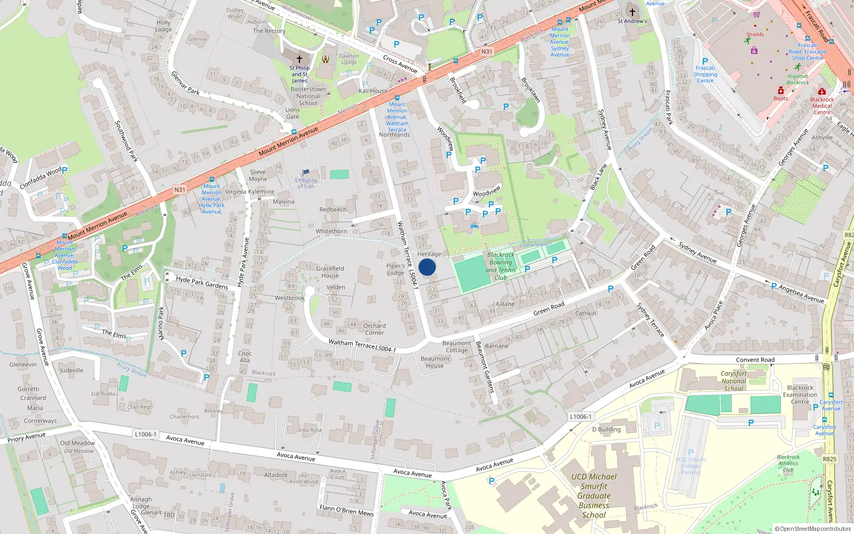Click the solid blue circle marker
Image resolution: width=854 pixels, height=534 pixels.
pyautogui.click(x=427, y=267)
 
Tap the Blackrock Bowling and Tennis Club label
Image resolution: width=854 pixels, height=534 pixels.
pyautogui.click(x=501, y=266)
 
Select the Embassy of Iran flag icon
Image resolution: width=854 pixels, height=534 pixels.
pyautogui.click(x=306, y=172)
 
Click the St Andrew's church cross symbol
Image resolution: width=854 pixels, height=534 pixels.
pyautogui.click(x=632, y=12)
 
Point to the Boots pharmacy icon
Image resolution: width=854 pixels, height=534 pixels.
pyautogui.click(x=780, y=91)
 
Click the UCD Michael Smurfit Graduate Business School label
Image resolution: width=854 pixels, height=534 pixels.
pyautogui.click(x=594, y=496)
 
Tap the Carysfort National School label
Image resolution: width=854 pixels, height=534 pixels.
pyautogui.click(x=733, y=381)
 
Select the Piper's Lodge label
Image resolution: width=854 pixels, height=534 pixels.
pyautogui.click(x=396, y=269)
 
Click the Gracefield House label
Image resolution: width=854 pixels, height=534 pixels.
pyautogui.click(x=330, y=272)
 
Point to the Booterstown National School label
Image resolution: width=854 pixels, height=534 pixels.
pyautogui.click(x=308, y=96)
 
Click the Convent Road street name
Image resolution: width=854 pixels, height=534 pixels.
pyautogui.click(x=755, y=360)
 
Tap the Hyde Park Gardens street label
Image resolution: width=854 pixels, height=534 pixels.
pyautogui.click(x=202, y=282)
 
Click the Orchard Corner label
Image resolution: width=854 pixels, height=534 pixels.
pyautogui.click(x=374, y=329)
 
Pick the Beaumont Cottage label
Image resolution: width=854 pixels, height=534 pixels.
pyautogui.click(x=456, y=347)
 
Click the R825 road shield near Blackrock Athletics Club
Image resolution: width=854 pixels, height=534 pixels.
pyautogui.click(x=829, y=459)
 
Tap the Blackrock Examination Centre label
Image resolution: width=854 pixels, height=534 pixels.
pyautogui.click(x=800, y=395)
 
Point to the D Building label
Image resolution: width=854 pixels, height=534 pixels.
pyautogui.click(x=606, y=429)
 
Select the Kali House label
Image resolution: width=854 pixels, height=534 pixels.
pyautogui.click(x=373, y=91)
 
